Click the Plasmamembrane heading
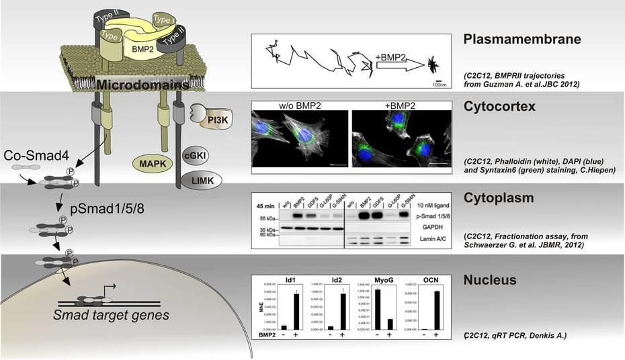pos(522,39)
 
